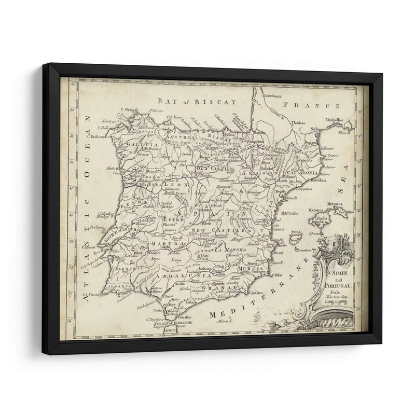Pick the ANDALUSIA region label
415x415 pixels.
point(167,275)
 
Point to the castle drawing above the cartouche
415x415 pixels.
point(334,243)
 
